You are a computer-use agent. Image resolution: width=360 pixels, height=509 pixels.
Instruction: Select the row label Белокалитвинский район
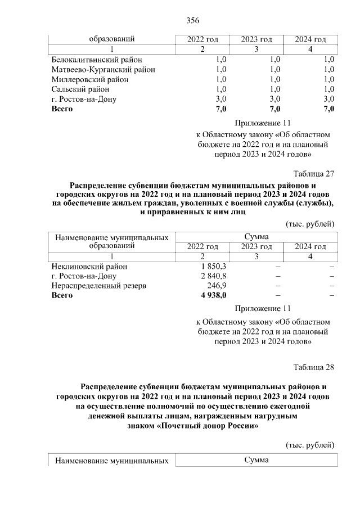(97, 59)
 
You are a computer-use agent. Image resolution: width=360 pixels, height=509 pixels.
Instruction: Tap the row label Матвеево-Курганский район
(103, 69)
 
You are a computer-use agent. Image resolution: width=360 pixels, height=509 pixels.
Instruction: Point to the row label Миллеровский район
(89, 79)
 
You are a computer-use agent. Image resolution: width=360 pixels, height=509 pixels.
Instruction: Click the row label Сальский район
(80, 89)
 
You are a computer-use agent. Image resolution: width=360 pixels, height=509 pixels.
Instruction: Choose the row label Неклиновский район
(89, 266)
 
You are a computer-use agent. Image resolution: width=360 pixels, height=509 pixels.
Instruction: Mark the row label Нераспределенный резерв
(98, 286)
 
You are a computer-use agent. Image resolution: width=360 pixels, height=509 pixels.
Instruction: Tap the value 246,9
(216, 286)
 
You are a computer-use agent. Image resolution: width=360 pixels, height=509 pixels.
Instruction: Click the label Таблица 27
(314, 173)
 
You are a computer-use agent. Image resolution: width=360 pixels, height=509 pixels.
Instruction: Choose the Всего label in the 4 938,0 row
(62, 295)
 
